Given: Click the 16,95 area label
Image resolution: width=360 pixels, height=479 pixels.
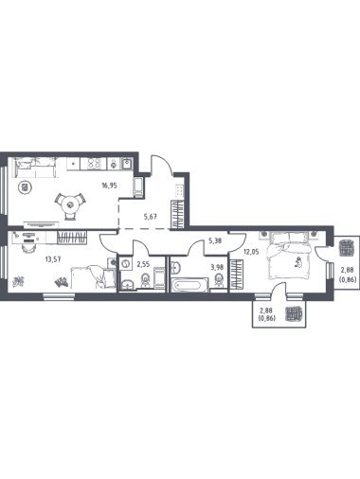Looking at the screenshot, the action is (109, 186).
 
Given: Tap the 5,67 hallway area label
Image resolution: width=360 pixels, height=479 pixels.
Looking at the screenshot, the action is (151, 217).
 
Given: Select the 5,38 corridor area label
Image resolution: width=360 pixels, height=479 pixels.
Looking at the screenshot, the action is (215, 240).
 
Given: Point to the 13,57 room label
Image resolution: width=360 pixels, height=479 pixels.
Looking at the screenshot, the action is (53, 259).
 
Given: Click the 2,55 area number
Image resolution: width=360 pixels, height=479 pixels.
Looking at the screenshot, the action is (143, 264).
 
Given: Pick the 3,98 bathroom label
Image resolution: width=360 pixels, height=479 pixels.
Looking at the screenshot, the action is (217, 267).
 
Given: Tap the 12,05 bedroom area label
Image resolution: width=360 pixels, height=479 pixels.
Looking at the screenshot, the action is (251, 252).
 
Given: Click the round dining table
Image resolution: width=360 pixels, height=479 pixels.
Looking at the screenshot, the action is (70, 205).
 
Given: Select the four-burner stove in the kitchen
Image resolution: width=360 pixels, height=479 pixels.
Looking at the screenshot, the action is (94, 164).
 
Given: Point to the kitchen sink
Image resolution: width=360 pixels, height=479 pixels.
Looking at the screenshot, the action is (127, 164).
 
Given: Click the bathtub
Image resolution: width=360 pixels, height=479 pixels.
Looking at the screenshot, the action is (189, 285).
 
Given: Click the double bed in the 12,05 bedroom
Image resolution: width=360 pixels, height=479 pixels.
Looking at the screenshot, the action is (289, 256).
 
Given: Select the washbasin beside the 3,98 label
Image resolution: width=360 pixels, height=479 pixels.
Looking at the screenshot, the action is (175, 267).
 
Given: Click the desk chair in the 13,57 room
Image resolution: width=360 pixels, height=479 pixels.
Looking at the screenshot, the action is (28, 248).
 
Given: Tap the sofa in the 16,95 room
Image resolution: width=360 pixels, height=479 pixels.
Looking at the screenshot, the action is (35, 168).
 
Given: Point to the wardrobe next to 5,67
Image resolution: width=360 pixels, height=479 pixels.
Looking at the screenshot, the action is (177, 214).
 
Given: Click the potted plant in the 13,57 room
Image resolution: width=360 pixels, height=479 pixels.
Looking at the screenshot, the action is (19, 281).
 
